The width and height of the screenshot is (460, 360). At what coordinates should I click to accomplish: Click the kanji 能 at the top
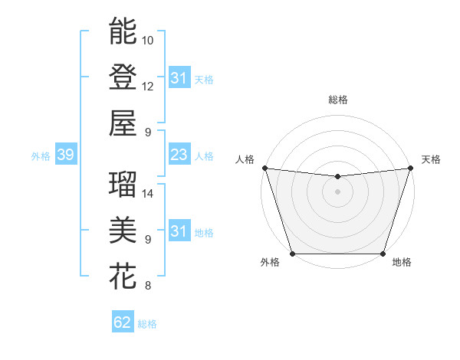point(123,31)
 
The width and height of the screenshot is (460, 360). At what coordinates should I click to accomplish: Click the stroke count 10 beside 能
point(148,40)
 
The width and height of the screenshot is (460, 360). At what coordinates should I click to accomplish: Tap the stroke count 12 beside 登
point(148,86)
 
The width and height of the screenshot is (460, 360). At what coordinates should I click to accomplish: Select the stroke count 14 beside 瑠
point(148,193)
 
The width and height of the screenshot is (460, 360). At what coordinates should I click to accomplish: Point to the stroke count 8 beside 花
point(146,286)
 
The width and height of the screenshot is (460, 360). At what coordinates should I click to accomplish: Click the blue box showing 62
point(123,322)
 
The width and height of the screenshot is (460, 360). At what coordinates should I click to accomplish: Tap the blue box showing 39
point(65,155)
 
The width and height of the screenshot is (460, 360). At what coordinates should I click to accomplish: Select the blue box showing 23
point(179,155)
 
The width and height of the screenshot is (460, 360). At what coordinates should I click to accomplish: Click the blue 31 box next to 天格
point(179,78)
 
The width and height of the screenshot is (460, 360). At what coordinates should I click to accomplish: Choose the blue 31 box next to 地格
point(179,232)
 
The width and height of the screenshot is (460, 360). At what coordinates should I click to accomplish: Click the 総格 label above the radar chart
point(337,100)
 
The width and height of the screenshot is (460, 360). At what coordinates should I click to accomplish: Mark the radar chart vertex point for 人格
point(264,168)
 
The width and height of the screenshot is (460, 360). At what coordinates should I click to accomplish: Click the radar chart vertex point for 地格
point(383,254)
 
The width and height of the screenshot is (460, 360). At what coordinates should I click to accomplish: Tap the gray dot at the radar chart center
point(337,191)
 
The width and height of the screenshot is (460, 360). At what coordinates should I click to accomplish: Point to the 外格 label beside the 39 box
point(41,156)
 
